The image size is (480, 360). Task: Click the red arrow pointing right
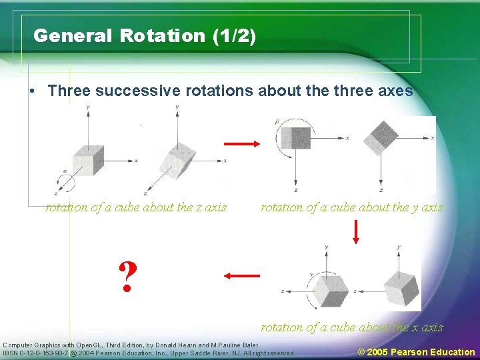pos(241,143)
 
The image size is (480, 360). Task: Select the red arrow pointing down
pos(356,231)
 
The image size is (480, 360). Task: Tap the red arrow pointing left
pos(241,275)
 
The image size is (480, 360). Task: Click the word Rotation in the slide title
pos(163,36)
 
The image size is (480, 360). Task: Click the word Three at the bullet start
pos(69,91)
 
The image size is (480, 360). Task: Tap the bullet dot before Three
pos(33,91)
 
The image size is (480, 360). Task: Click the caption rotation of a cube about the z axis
pos(136,207)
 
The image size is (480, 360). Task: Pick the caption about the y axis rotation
pos(351,207)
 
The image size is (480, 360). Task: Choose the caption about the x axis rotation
pos(351,327)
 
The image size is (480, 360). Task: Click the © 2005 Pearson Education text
pos(416,351)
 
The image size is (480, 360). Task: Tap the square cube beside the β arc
pos(295,138)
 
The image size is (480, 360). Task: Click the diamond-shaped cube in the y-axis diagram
pos(384,137)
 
